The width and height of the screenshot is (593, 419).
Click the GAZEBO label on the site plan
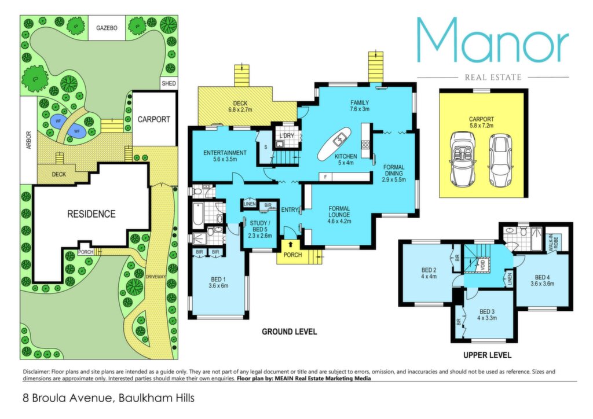107,28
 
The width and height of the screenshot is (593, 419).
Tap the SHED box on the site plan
169,83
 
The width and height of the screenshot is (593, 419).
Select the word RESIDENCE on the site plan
91,214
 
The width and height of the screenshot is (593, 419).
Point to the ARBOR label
29,140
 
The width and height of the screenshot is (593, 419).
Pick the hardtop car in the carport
500,160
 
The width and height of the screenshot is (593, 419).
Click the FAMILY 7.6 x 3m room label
359,106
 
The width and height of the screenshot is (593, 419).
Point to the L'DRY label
287,135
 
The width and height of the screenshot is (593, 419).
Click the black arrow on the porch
291,244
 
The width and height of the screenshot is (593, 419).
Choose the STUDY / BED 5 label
260,229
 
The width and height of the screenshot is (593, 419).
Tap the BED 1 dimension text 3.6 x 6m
218,286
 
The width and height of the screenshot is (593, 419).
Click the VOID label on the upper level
482,262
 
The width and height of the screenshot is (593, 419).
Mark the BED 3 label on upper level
486,312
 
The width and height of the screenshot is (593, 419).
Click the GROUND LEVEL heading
290,332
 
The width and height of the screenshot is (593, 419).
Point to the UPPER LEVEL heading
487,355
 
